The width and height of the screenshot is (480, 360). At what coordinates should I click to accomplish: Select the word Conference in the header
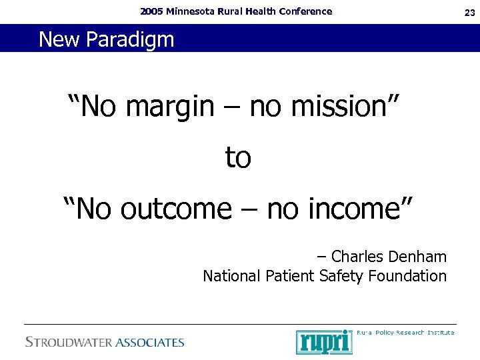[306, 11]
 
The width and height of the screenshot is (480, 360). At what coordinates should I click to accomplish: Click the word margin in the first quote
[169, 107]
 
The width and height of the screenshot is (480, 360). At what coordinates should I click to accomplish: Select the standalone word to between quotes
[238, 158]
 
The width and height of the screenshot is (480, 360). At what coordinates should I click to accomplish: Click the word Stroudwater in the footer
[67, 343]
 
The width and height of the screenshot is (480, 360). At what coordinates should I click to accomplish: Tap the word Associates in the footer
[150, 343]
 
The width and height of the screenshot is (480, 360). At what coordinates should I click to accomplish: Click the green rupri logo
[324, 342]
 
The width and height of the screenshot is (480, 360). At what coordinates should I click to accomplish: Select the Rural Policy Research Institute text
[405, 332]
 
